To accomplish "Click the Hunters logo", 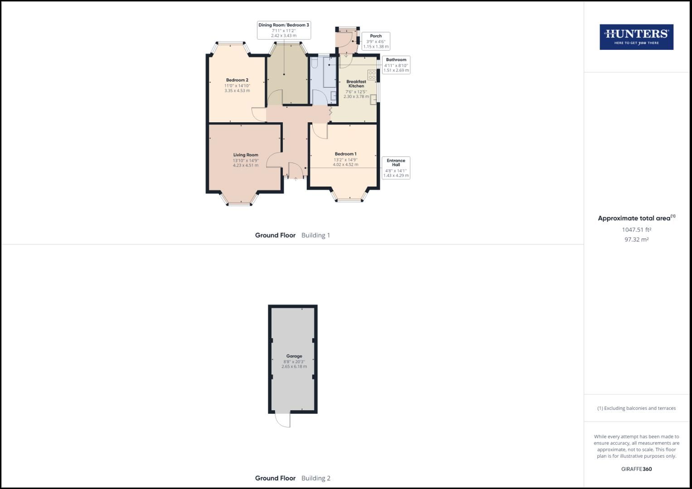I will click(x=636, y=37).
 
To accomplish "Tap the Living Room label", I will click(x=246, y=155).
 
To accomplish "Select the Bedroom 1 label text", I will click(x=345, y=154).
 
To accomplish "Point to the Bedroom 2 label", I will click(x=237, y=80).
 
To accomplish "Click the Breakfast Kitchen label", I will click(x=356, y=84).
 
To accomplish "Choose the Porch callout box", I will click(x=376, y=41).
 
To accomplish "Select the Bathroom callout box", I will click(x=396, y=65).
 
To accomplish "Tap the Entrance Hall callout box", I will click(x=396, y=168).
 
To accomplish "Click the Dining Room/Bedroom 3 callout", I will click(x=284, y=30).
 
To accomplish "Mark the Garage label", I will click(x=294, y=356).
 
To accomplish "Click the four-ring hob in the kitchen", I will click(x=372, y=75).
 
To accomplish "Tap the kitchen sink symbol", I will click(x=373, y=100).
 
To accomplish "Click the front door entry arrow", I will click(x=295, y=179).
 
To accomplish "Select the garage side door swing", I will click(x=283, y=420).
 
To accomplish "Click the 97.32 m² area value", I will click(x=636, y=240).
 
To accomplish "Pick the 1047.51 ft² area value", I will click(x=636, y=230).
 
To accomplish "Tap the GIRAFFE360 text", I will click(x=636, y=469).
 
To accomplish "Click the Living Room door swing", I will click(x=274, y=160).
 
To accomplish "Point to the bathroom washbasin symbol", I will click(x=334, y=95).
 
